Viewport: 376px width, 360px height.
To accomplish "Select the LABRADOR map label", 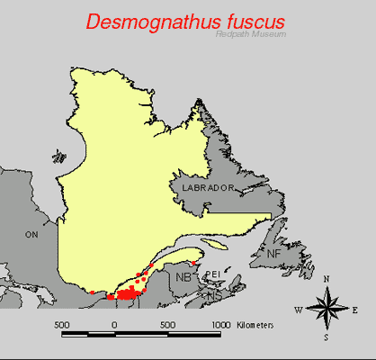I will click(x=207, y=187).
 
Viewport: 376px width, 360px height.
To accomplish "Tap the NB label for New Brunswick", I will click(x=184, y=276).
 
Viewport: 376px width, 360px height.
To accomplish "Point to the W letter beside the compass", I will click(x=298, y=310).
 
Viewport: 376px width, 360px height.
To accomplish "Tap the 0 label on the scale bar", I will click(x=113, y=323).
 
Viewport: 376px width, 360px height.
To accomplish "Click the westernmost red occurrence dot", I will click(x=92, y=292).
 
